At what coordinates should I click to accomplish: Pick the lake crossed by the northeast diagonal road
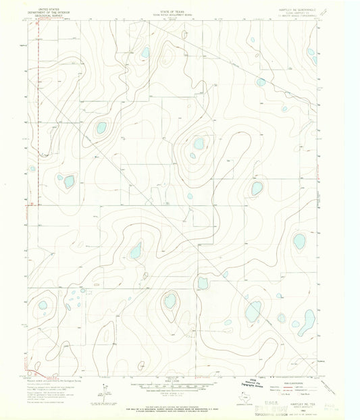point(261,82)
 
